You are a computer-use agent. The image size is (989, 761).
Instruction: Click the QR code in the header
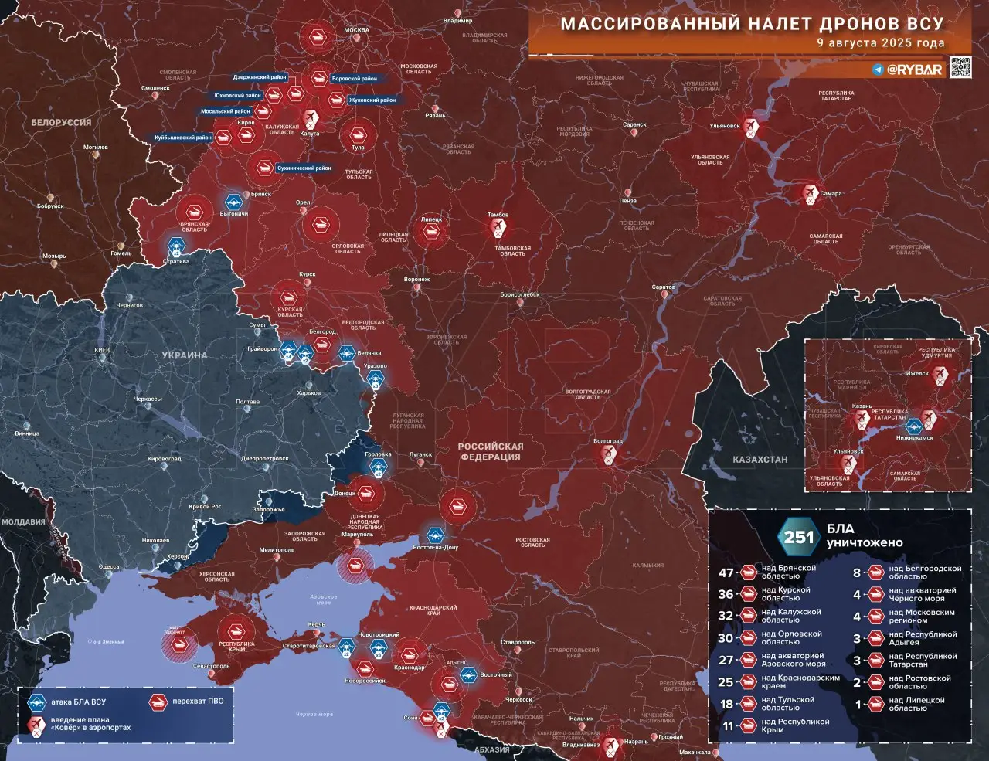coord(960,68)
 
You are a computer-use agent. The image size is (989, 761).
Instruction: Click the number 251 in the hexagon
coord(799,536)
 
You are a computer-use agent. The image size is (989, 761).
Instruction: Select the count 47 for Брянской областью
coord(726,572)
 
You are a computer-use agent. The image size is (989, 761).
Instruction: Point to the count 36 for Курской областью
coord(726,594)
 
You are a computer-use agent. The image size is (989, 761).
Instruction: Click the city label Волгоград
coord(607,441)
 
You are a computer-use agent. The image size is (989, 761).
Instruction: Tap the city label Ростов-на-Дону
coord(436,547)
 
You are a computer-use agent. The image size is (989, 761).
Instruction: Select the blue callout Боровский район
coord(354,79)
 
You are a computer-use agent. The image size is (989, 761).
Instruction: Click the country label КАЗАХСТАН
coord(760,460)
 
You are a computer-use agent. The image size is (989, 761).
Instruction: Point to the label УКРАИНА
coord(185,355)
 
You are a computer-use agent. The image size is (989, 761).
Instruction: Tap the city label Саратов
coord(663,287)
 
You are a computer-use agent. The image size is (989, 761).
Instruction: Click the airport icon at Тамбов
coord(498,227)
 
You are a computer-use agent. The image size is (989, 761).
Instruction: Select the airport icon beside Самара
coord(810,192)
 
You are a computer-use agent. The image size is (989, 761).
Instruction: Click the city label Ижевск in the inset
coord(917,374)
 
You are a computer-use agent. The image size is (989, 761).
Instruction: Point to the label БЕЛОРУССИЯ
coord(61,122)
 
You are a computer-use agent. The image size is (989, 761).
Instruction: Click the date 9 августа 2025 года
coord(881,43)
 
